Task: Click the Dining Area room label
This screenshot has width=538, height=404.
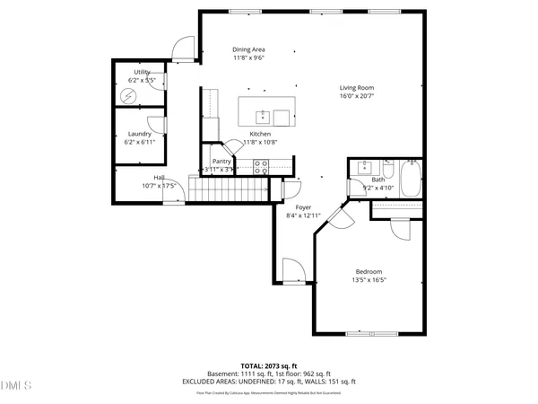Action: pos(248,49)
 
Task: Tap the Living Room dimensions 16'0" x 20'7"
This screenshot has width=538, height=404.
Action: pos(356,96)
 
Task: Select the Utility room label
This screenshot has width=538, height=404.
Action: pos(143,71)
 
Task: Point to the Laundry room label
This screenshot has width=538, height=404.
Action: pos(139,134)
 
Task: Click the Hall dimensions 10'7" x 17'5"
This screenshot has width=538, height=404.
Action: pos(160,186)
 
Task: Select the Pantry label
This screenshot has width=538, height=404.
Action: pos(221,161)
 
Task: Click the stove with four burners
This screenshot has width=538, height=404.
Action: pos(262,165)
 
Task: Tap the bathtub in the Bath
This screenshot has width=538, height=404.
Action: pos(411,179)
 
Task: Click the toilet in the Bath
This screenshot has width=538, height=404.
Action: pos(388,171)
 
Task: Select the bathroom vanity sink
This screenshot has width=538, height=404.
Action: pos(365,167)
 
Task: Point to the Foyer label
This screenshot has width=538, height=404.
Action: pos(304,207)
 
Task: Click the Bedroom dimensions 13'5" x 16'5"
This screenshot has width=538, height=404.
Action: pos(369,280)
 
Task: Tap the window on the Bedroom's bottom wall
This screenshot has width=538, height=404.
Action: pos(370,334)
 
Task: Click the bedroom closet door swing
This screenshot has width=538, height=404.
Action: pos(400,227)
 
